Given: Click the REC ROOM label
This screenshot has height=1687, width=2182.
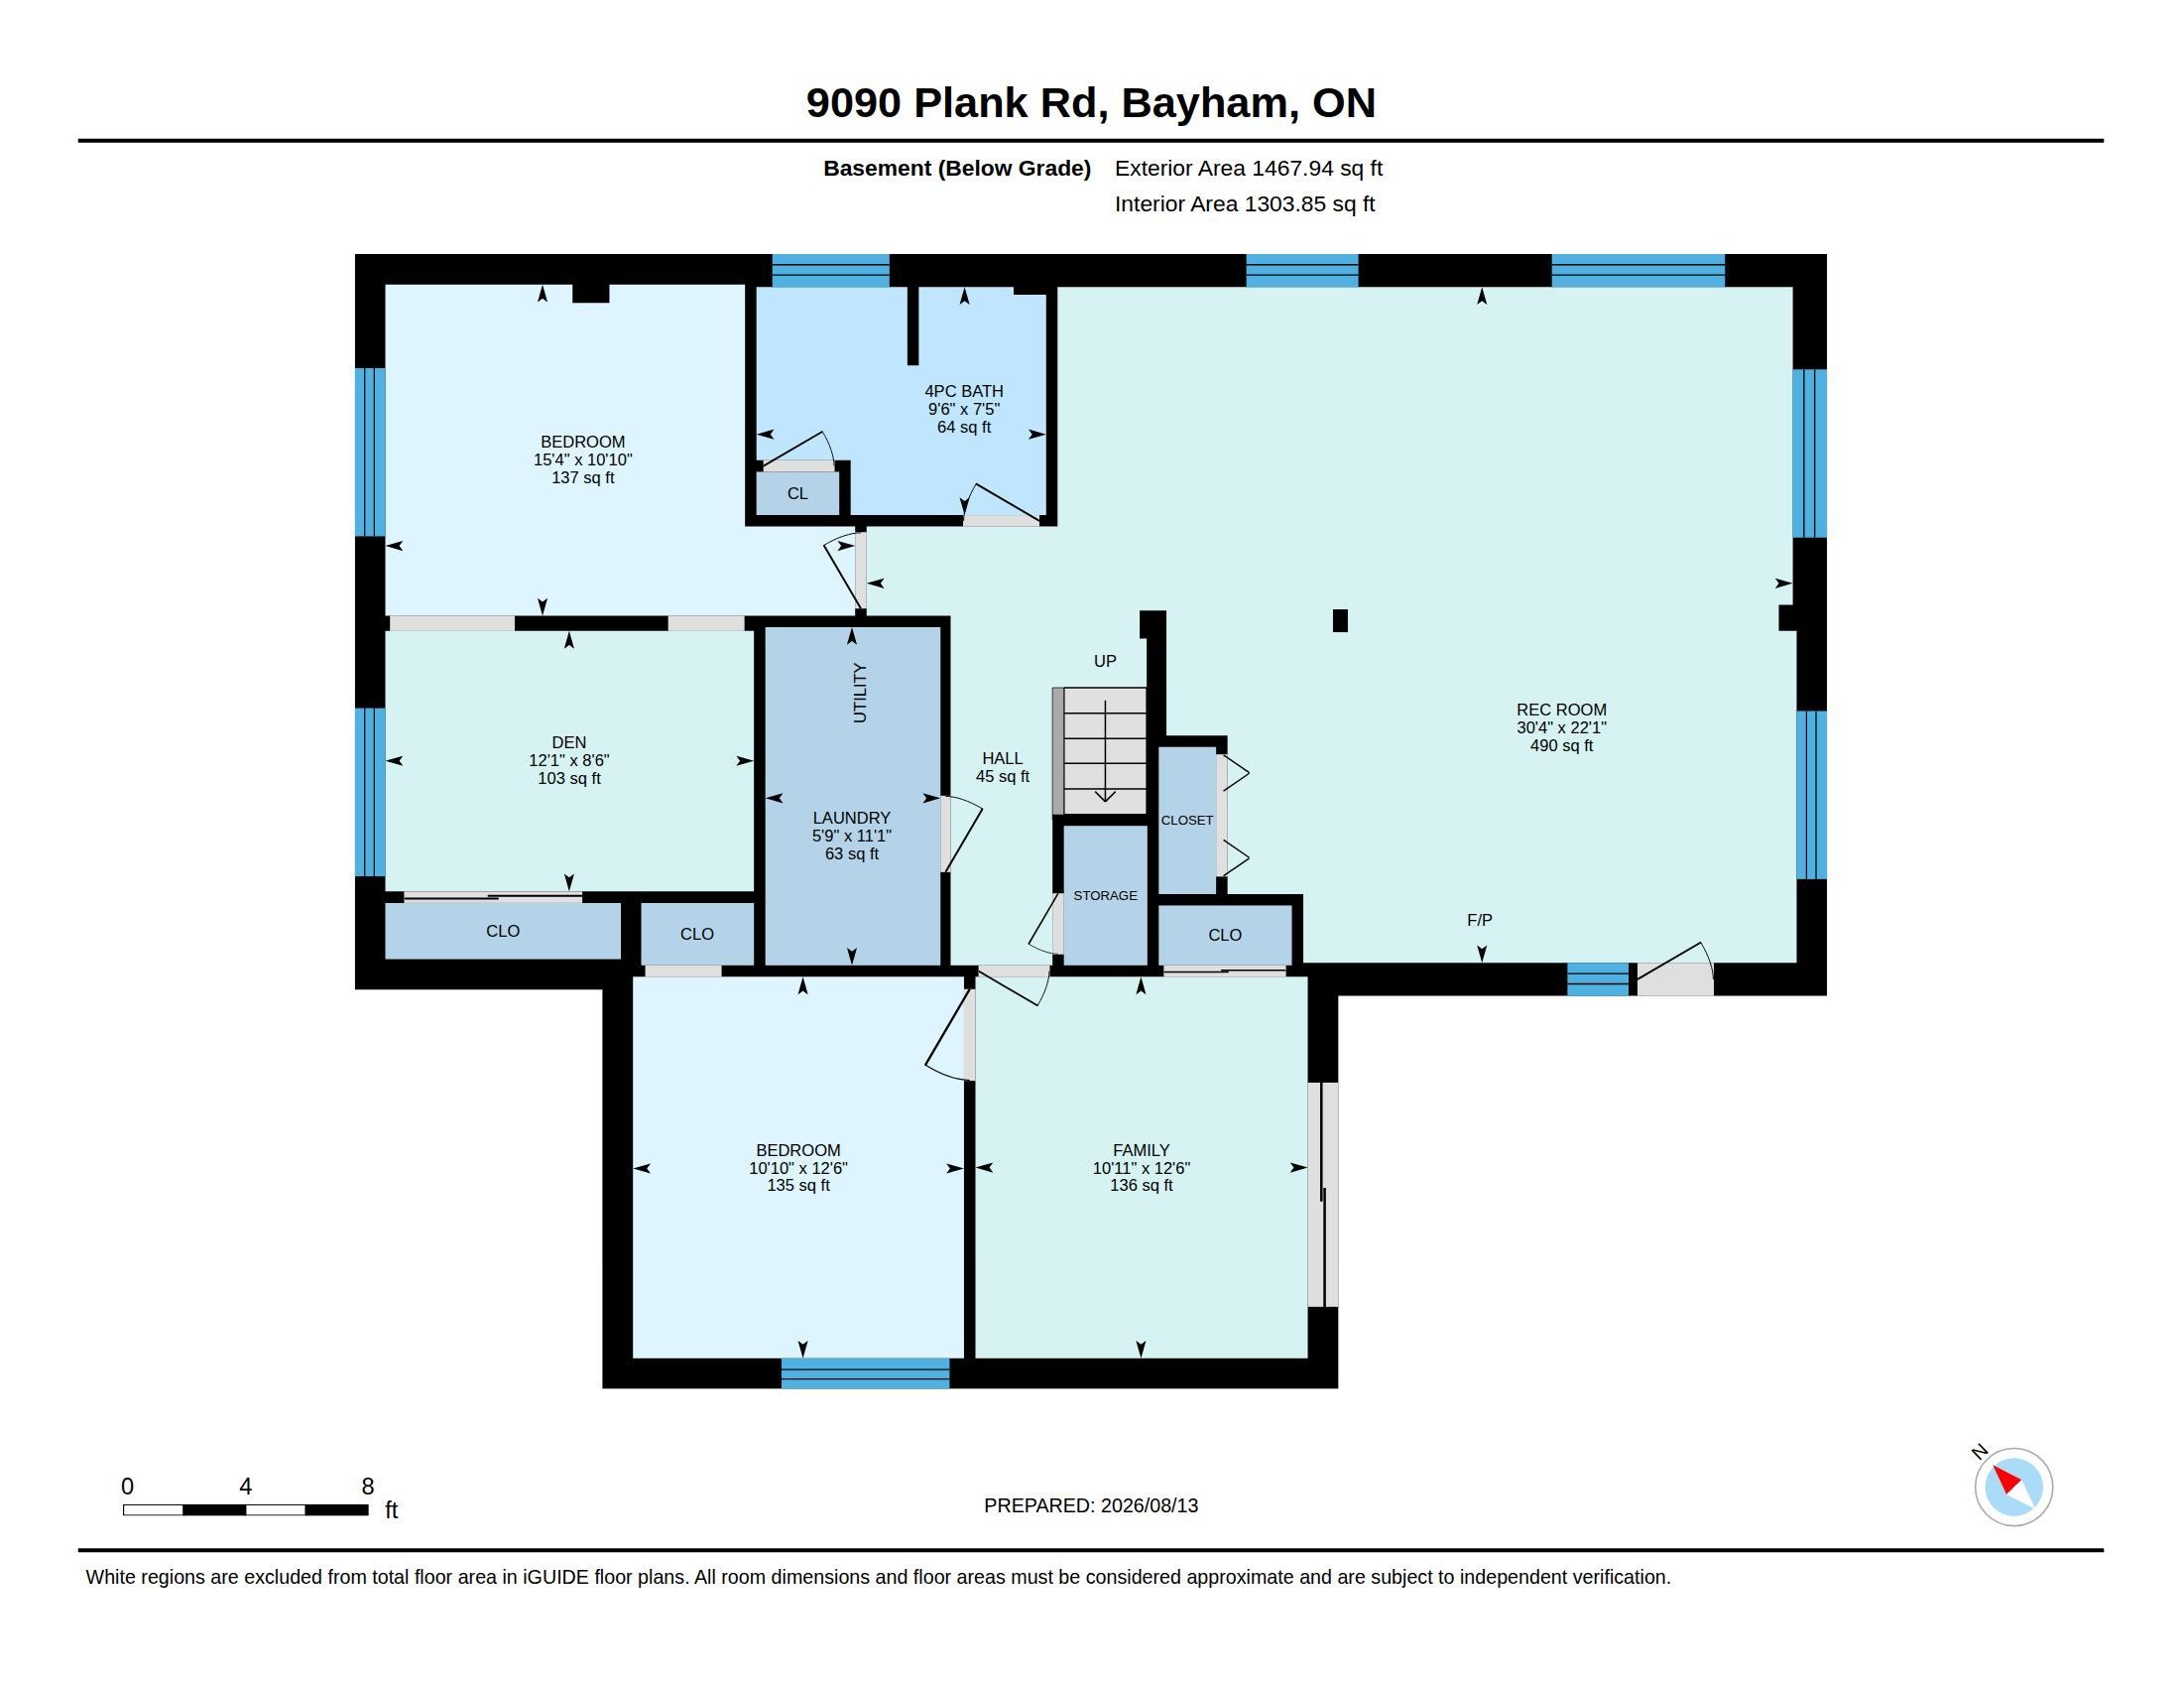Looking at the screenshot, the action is point(1560,710).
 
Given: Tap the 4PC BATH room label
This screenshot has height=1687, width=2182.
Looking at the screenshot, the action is point(963,391).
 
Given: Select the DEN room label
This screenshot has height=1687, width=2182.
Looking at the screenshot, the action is point(568,741).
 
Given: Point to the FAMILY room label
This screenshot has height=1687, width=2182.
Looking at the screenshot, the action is point(1141,1150).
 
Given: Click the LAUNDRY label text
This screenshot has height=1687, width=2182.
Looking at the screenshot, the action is point(851,818).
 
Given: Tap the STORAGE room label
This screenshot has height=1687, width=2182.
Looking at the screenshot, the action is point(1105,895).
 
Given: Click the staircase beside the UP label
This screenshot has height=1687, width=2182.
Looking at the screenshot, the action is point(1100,750).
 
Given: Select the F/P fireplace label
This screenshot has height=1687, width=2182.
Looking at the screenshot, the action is point(1480,920).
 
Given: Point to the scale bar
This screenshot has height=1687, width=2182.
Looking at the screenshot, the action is point(246,1509).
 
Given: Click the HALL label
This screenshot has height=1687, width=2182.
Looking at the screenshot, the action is point(1002,758).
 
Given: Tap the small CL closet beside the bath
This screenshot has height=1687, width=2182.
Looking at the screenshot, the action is point(797,494).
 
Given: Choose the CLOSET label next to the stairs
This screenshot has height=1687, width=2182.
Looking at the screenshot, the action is point(1187,821).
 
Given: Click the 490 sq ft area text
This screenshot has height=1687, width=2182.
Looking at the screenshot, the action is point(1561,745).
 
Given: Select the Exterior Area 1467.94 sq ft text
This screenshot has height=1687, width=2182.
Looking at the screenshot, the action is point(1249,168).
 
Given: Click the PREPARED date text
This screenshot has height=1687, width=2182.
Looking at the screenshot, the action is point(1091,1505).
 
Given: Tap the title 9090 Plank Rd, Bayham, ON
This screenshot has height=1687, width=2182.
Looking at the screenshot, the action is point(1091,103).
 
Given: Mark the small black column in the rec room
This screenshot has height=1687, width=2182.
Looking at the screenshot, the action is point(1341,620).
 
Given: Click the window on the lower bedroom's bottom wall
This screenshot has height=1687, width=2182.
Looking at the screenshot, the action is point(865,1373).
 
